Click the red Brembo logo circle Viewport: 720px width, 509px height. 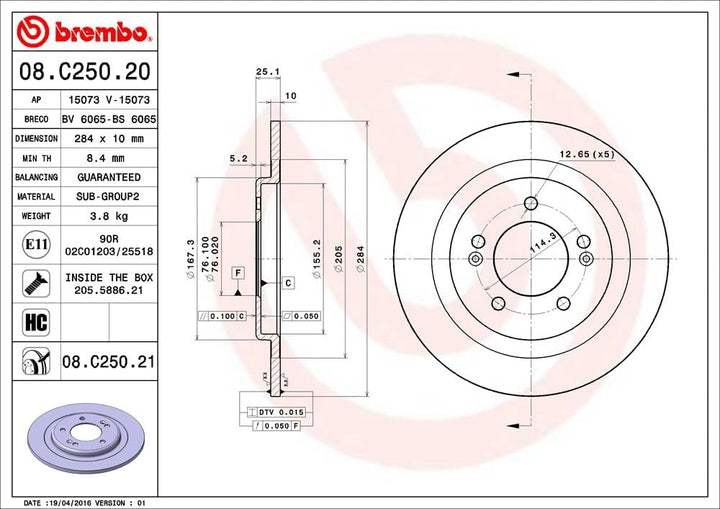32,32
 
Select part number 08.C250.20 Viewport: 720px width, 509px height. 85,72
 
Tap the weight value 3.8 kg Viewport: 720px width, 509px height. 109,216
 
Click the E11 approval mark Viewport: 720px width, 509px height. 36,244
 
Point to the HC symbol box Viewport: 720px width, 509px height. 36,322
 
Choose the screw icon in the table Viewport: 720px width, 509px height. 36,283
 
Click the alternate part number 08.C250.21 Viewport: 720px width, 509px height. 108,362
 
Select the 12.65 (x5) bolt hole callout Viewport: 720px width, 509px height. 586,154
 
